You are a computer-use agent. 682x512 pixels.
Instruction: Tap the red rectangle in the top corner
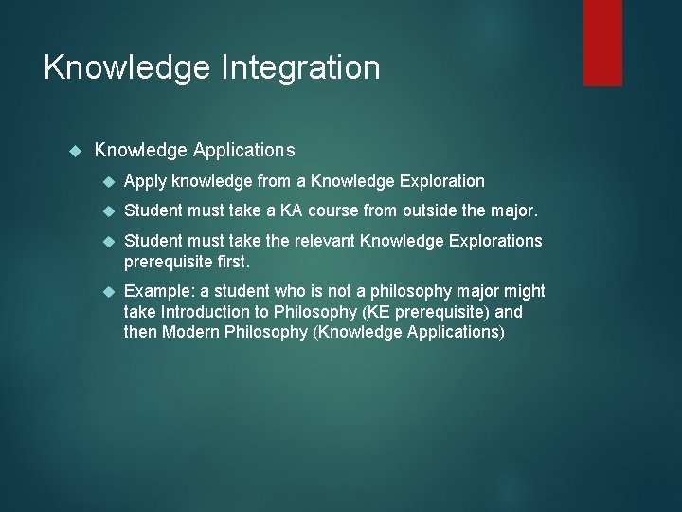(x=602, y=43)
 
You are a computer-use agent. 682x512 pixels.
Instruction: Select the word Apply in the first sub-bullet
(x=146, y=181)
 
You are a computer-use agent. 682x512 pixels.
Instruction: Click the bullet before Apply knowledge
(x=108, y=181)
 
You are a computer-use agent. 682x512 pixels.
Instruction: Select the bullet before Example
(x=108, y=291)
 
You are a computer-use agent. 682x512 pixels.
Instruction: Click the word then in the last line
(x=141, y=332)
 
